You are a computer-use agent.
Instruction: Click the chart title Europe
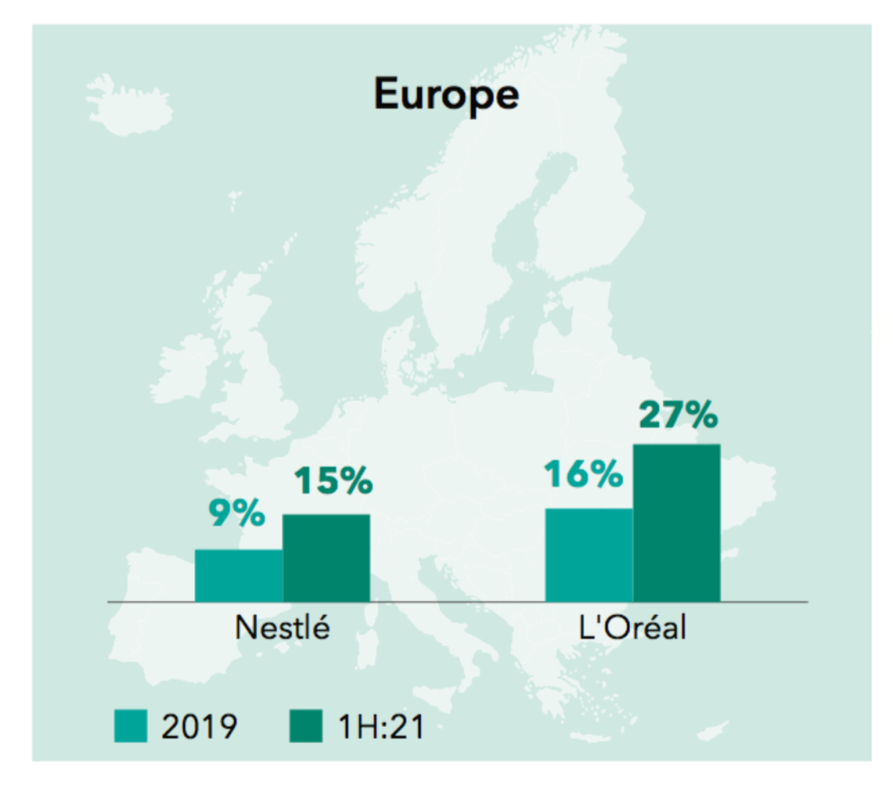click(446, 94)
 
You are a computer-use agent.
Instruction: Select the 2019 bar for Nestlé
click(239, 575)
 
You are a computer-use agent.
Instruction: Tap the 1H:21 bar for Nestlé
click(327, 558)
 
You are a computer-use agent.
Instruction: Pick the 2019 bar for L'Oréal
click(589, 555)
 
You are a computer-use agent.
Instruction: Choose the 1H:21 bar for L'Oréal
click(676, 523)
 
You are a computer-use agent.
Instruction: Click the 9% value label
click(236, 514)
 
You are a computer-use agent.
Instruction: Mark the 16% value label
click(583, 474)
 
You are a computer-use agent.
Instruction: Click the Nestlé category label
click(283, 628)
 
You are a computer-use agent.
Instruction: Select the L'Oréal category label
click(633, 628)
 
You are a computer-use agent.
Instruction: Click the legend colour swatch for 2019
click(131, 727)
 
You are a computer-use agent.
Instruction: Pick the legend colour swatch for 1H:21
click(306, 727)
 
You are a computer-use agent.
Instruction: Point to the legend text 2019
click(200, 727)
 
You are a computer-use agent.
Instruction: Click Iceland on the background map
click(128, 103)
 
